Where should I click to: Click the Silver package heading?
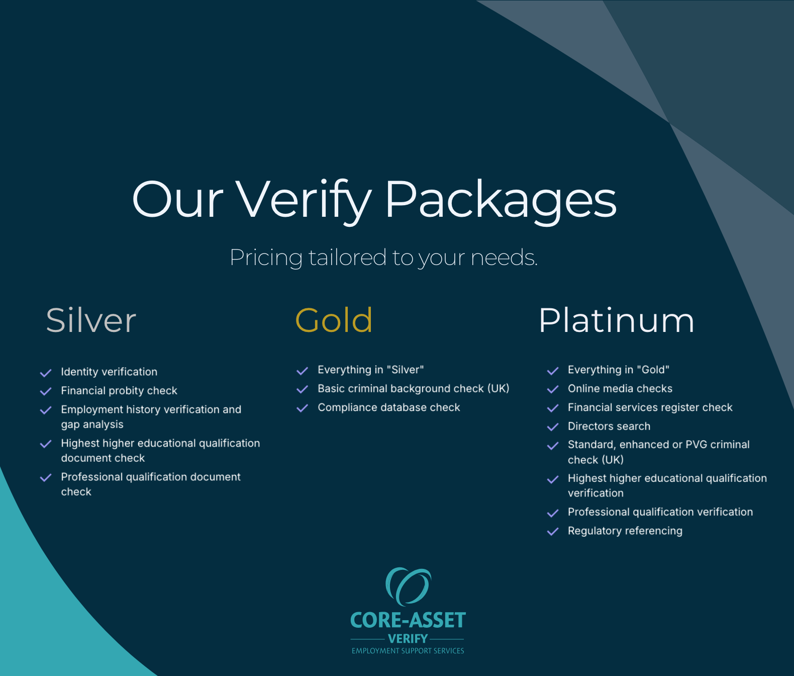tap(91, 320)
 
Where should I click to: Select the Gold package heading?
tap(334, 320)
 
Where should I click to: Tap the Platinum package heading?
tap(617, 320)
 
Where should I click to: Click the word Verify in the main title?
tap(304, 201)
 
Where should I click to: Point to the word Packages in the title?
tap(501, 201)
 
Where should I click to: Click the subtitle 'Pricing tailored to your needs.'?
tap(384, 257)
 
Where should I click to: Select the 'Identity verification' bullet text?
tap(109, 372)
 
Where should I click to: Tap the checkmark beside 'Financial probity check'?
tap(46, 391)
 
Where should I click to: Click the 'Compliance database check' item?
tap(389, 407)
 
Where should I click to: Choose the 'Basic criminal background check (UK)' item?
tap(413, 388)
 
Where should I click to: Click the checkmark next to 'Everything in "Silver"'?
tap(303, 371)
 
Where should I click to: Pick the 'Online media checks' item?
tap(620, 388)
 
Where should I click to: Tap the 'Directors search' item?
tap(609, 426)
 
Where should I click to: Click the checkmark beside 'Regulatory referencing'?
tap(553, 532)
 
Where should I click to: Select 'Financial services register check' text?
tap(650, 407)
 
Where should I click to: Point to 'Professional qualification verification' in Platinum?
tap(660, 512)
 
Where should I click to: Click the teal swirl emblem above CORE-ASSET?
tap(408, 586)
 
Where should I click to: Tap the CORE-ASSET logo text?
tap(408, 620)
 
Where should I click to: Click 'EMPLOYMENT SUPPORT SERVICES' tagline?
tap(408, 651)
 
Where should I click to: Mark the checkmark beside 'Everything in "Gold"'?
tap(553, 371)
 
